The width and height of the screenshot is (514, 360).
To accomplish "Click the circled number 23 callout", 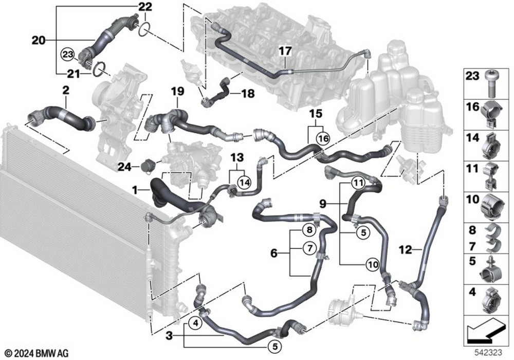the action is point(67,54).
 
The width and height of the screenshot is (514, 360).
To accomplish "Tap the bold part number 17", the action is point(285,51).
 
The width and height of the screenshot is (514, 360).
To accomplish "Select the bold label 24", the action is point(124,167).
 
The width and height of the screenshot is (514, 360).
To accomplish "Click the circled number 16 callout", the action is point(323,138).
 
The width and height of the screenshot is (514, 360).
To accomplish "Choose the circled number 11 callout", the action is point(358,183).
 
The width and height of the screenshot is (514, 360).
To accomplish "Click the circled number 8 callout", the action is point(309,230).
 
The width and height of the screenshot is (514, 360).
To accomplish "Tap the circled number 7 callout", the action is point(309,248).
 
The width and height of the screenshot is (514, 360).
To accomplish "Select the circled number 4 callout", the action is point(195,323).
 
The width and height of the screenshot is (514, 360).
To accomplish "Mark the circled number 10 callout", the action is point(373,264).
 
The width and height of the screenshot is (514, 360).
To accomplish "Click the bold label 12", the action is point(405,250).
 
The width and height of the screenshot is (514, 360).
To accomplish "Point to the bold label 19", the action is point(177,92).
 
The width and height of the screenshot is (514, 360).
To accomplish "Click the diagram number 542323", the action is point(488,353).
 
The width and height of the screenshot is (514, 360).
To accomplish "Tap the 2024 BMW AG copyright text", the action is point(36,353).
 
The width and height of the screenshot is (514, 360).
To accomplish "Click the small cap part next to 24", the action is point(145,166).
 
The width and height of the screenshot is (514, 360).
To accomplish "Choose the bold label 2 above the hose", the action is point(66,90).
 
